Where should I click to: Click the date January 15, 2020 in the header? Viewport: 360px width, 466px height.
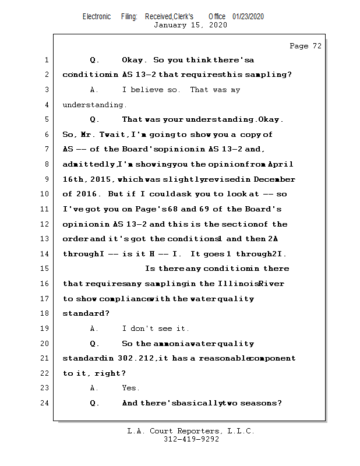[190, 25]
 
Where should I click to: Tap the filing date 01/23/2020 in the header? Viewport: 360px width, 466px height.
[248, 16]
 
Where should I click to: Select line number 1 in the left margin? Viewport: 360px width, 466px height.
[46, 60]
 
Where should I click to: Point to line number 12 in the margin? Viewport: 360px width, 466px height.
[44, 224]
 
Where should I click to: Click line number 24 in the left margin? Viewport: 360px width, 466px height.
[44, 403]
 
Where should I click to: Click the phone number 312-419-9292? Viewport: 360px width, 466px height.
[191, 439]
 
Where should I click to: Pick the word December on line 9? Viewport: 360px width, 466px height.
[276, 179]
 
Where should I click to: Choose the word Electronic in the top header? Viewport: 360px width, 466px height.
[97, 16]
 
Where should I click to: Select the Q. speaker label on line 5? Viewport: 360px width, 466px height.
[94, 119]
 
